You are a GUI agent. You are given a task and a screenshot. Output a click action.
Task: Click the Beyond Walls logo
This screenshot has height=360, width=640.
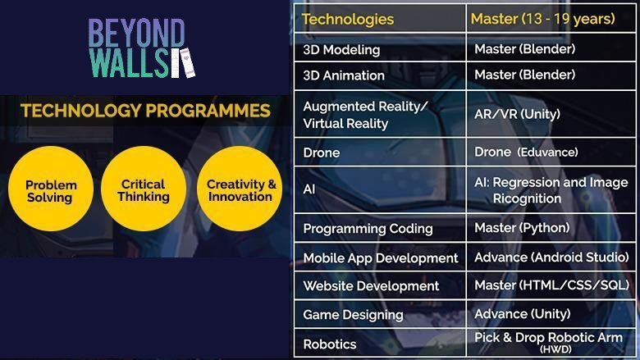[x=141, y=48]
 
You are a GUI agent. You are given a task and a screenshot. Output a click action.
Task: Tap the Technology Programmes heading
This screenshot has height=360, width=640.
[x=146, y=111]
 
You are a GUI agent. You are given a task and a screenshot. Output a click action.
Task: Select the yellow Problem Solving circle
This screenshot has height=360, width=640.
[x=51, y=189]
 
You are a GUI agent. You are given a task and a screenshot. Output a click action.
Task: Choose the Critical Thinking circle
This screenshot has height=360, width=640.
[x=144, y=189]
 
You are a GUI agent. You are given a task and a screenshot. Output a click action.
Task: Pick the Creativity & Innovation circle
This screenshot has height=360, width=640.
[x=240, y=189]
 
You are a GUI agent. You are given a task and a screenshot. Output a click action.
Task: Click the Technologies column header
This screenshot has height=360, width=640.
[x=348, y=19]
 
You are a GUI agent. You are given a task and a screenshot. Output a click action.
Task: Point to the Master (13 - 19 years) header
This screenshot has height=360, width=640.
[x=543, y=19]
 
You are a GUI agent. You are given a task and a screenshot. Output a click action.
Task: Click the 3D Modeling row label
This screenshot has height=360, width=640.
[x=341, y=50]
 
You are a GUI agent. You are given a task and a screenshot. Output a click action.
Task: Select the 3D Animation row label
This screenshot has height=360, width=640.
[x=344, y=75]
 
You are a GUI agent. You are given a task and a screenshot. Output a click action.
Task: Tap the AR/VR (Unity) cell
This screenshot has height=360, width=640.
[x=517, y=114]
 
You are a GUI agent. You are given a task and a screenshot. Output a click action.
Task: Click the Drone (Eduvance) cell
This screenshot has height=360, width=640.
[x=526, y=152]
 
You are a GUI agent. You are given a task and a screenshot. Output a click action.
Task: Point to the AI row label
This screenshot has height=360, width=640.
[x=309, y=189]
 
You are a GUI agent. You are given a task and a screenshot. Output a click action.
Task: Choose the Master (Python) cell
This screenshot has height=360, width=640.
[x=522, y=228]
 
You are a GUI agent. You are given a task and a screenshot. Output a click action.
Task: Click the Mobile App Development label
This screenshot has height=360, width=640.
[x=381, y=258]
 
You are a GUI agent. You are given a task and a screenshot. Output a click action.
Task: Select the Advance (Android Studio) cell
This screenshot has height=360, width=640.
[x=551, y=257]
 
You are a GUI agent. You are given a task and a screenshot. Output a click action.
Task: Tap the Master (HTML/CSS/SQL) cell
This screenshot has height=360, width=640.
[x=552, y=285]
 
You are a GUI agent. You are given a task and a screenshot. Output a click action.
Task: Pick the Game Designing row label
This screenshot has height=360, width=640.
[x=353, y=315]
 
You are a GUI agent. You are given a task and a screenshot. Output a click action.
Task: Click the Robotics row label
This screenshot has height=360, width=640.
[x=330, y=344]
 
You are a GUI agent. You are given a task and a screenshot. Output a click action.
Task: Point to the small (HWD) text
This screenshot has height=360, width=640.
[x=555, y=349]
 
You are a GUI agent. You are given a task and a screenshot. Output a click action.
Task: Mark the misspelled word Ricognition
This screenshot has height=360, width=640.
[x=527, y=198]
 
